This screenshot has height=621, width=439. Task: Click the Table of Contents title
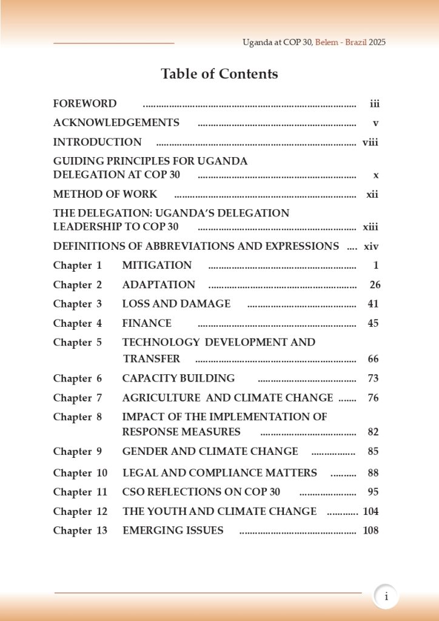pos(219,74)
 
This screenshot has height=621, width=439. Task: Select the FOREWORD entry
pos(85,104)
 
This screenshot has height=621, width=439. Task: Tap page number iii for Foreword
pos(375,104)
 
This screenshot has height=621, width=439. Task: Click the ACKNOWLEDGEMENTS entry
pos(116,123)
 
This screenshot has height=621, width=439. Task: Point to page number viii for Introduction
pos(370,143)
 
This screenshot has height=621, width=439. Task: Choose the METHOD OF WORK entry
pos(105,194)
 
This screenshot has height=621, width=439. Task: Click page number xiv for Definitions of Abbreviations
pos(371,246)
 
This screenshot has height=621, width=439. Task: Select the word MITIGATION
pos(157,265)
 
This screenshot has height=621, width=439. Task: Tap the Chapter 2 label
pos(78,284)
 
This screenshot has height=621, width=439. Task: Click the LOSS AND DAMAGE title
pos(176,303)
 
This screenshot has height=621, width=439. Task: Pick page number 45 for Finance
pos(373,323)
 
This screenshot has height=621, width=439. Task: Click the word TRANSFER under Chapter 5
pos(152,359)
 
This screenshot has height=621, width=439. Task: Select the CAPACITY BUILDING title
pos(178,378)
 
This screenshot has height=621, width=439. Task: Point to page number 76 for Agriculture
pos(373,398)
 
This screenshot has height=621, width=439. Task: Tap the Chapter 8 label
pos(78,417)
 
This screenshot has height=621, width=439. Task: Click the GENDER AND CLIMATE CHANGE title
pos(210,451)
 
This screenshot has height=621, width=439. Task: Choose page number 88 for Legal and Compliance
pos(373,472)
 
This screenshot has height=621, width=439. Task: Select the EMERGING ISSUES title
pos(173,531)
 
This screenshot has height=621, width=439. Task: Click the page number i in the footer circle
pos(386,597)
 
